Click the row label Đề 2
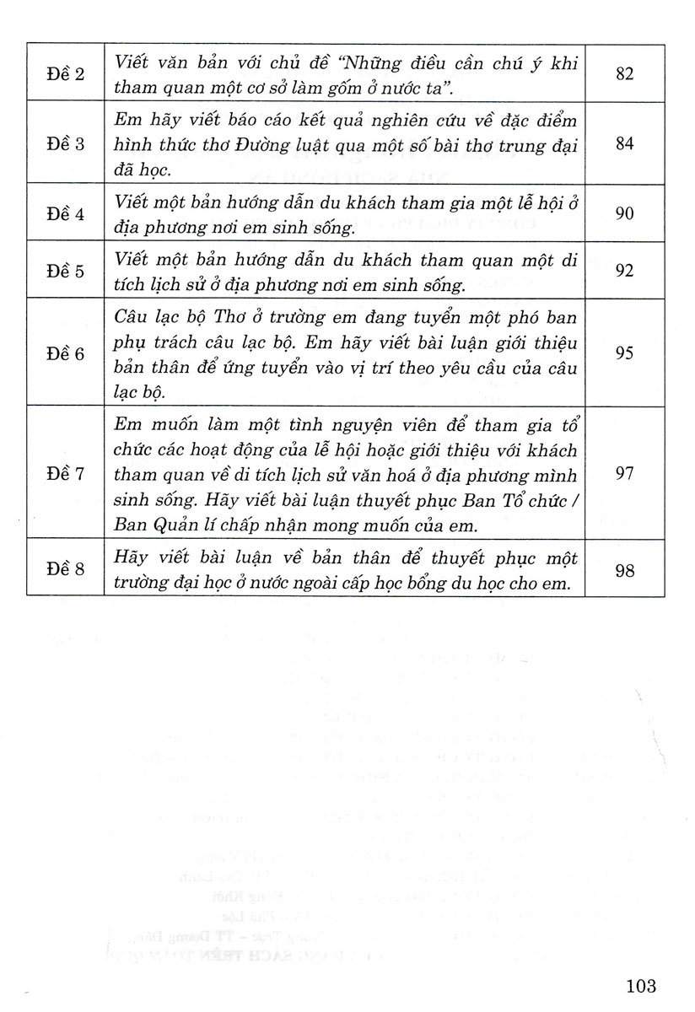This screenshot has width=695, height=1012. (x=65, y=73)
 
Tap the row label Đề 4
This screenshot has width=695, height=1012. (x=65, y=214)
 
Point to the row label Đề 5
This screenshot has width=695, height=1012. (x=65, y=270)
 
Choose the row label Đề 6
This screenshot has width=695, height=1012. (x=65, y=353)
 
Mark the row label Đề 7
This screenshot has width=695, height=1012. (x=65, y=473)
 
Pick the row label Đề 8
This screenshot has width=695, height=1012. (x=65, y=570)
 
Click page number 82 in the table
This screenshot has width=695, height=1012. (x=624, y=73)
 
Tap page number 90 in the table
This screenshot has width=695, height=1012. (x=624, y=213)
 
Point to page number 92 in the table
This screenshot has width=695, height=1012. (x=624, y=270)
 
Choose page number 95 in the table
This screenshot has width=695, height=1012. (x=624, y=353)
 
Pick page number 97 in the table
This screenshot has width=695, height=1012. (x=624, y=473)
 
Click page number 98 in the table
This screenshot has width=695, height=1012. (x=624, y=570)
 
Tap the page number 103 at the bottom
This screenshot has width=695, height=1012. (x=641, y=984)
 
